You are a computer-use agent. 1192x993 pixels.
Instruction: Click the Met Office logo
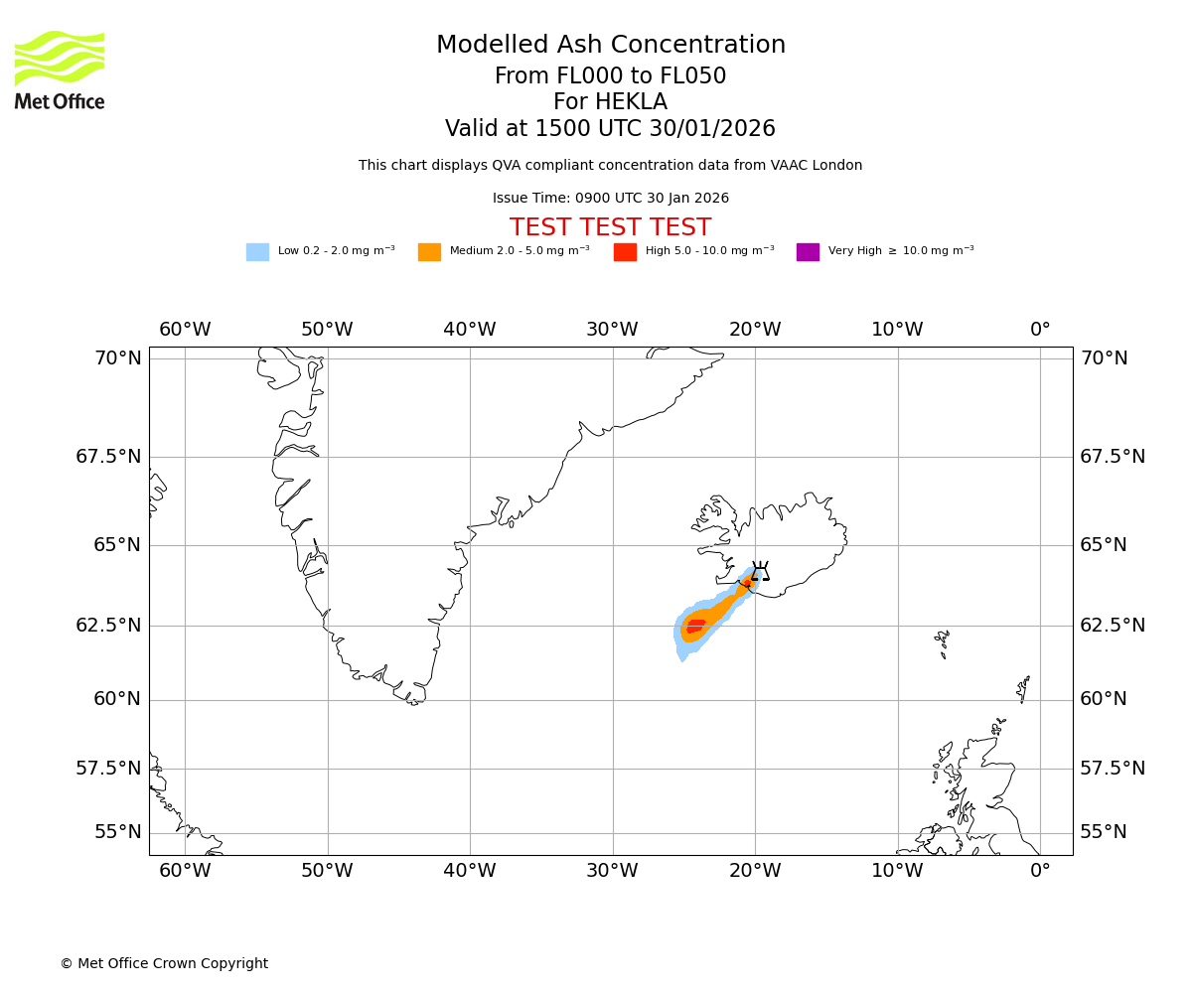(x=60, y=70)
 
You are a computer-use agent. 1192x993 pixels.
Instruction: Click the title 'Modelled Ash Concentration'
(x=611, y=45)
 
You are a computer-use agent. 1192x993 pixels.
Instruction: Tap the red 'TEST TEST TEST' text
(x=611, y=227)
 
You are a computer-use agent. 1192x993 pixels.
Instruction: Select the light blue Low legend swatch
(x=257, y=252)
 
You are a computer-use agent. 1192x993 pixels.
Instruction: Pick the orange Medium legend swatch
(x=429, y=252)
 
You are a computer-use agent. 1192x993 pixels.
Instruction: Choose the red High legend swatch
(x=625, y=252)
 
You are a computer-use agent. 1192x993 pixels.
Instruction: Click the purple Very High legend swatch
(x=808, y=252)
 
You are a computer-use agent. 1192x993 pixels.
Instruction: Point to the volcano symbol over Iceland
(x=760, y=572)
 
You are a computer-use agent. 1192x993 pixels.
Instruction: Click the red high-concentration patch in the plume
(x=695, y=626)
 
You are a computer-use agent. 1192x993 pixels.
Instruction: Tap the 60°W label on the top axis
(x=185, y=330)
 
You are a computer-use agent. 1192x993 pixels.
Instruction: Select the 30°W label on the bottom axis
(x=612, y=871)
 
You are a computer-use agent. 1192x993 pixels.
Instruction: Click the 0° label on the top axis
(x=1040, y=330)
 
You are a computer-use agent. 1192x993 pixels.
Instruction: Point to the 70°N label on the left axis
(x=118, y=358)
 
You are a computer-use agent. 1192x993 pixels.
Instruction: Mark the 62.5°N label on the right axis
(x=1113, y=626)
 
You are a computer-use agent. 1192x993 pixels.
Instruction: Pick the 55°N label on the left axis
(x=118, y=832)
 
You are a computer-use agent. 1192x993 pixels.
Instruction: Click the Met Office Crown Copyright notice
(x=164, y=963)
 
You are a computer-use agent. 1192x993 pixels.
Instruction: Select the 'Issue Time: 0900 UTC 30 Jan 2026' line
(x=611, y=199)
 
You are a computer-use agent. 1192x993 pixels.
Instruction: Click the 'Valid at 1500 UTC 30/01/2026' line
(x=611, y=129)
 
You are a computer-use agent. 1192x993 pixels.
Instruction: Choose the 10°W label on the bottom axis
(x=897, y=871)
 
